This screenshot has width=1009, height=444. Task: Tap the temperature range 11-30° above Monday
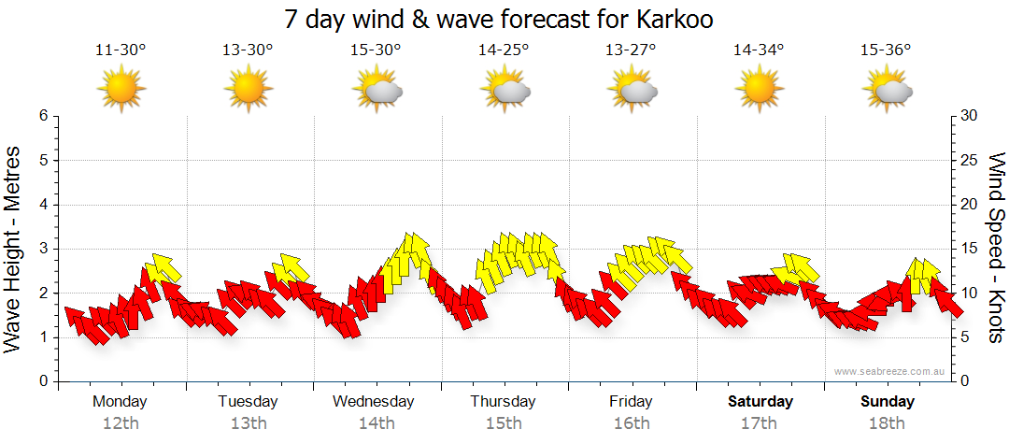121,50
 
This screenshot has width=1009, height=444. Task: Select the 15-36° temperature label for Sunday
886,50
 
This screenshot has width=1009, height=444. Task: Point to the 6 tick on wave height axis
43,116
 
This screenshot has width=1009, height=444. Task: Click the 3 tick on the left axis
43,249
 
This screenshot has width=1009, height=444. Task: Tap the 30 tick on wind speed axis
967,116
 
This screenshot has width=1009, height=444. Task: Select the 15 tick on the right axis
967,249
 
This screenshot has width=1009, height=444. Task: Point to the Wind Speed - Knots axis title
996,247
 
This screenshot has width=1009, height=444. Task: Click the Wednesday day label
374,402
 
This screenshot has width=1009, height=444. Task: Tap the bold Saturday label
760,402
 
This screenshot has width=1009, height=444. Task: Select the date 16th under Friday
632,423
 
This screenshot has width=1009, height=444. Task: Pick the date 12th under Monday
121,423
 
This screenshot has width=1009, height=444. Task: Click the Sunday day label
887,402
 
